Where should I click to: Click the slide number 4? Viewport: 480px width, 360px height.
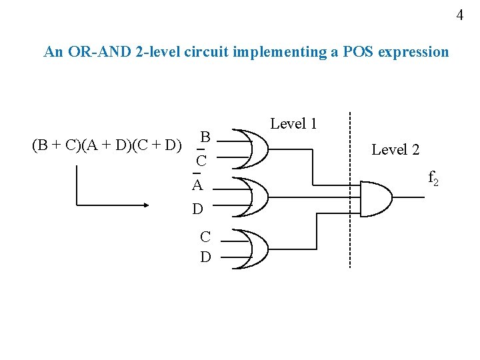click(x=459, y=15)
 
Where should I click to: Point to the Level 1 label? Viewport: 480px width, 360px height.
click(x=293, y=123)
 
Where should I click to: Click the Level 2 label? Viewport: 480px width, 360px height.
click(x=395, y=150)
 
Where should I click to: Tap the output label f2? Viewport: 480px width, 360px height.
click(x=433, y=178)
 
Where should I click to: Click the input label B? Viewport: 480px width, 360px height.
click(x=206, y=137)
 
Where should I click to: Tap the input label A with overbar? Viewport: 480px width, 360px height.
click(x=197, y=185)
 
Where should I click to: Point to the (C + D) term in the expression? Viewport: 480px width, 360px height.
click(x=156, y=145)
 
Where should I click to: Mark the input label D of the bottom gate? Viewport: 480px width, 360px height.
click(x=205, y=256)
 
